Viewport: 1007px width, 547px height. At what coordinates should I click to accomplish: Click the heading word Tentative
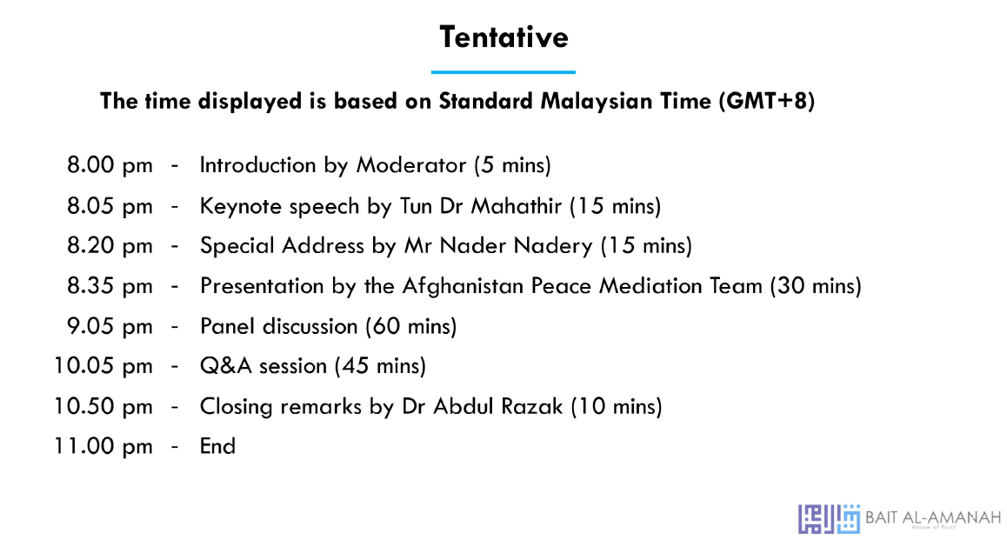(504, 37)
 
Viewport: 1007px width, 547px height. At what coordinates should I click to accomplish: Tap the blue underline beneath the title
(504, 72)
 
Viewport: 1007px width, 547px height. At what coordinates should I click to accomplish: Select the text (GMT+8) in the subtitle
(767, 102)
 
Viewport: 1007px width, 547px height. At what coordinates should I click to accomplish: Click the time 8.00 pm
(110, 165)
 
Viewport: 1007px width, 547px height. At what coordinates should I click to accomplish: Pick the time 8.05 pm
(110, 207)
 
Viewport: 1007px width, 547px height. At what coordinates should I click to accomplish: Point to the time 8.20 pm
(110, 246)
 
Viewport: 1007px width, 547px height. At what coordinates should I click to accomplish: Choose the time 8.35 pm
(110, 286)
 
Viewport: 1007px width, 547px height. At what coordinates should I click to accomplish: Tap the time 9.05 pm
(110, 327)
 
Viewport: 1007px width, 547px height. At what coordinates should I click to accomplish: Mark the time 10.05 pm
(103, 367)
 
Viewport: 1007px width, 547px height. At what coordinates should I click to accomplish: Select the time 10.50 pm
(103, 407)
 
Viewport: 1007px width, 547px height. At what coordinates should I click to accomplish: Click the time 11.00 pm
(103, 447)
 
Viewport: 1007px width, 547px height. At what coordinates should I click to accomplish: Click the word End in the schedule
(217, 446)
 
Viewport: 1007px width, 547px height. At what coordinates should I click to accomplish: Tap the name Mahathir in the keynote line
(517, 206)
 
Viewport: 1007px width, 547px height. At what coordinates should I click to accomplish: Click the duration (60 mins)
(411, 326)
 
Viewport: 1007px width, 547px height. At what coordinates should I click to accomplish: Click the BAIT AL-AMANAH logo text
(933, 517)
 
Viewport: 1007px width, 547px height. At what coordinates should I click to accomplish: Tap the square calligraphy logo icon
(829, 519)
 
